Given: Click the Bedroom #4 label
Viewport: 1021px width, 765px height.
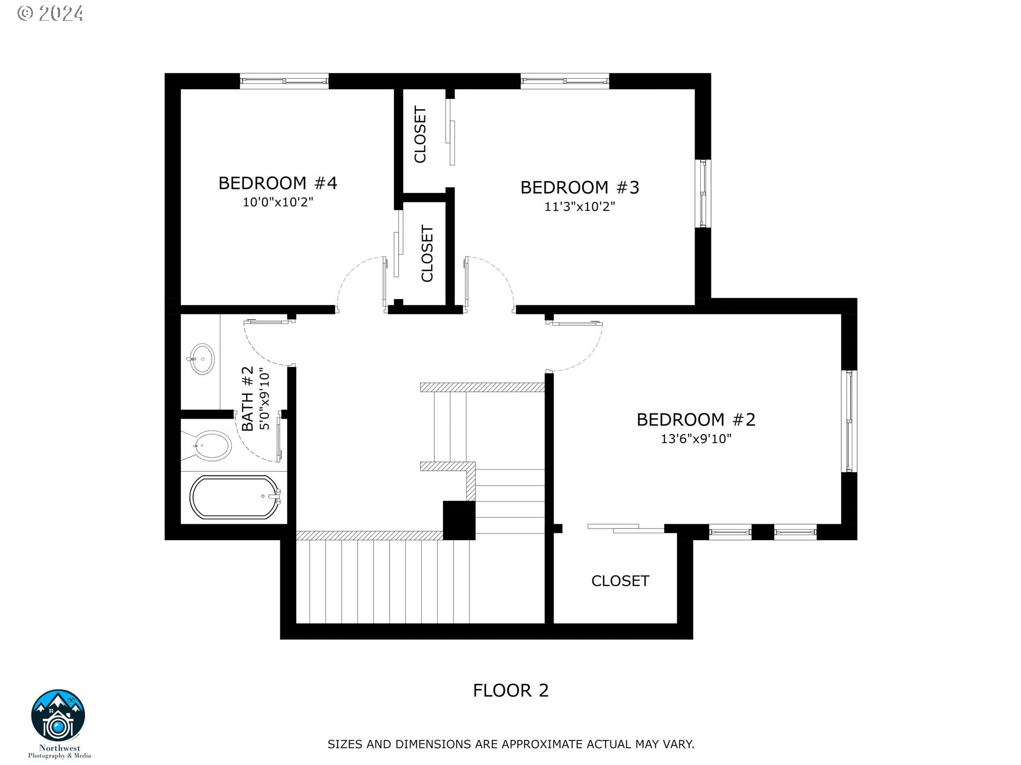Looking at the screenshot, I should (278, 183).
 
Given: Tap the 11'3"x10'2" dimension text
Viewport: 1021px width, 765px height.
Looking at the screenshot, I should (579, 207).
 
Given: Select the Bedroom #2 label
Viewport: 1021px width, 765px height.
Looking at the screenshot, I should (696, 420).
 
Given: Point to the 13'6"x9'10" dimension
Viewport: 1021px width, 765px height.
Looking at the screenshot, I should (696, 439).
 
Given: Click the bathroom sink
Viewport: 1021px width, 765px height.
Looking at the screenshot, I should (202, 359).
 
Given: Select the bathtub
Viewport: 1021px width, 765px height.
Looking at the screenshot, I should (235, 497).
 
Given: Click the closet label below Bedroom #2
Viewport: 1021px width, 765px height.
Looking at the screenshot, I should (620, 581).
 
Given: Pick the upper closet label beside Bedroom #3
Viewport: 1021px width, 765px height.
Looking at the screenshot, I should (420, 134).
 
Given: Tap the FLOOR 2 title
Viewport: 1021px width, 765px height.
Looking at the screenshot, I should (510, 691).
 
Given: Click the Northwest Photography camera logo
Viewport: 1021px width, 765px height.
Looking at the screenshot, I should (58, 717).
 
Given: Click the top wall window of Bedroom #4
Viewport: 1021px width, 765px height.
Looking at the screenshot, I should (284, 81).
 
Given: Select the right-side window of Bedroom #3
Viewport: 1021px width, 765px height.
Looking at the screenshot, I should (703, 194).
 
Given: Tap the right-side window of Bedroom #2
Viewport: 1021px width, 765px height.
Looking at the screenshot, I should (849, 421).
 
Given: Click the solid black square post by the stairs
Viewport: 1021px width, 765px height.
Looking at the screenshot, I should (459, 520).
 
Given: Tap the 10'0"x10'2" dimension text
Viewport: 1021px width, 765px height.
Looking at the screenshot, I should (278, 202).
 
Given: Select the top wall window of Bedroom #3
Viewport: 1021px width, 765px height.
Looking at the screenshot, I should (564, 81).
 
